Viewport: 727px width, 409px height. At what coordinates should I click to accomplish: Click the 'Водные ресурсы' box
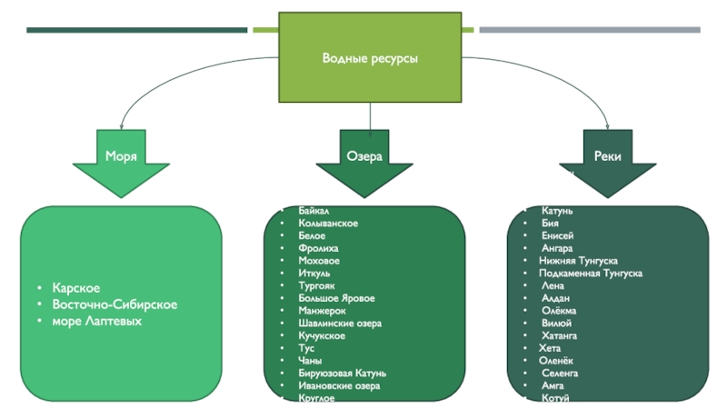[370, 58]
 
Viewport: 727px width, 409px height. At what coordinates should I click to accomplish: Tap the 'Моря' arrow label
[121, 156]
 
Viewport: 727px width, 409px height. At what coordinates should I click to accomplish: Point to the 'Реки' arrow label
[608, 156]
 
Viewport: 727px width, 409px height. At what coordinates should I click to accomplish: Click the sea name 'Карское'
[76, 288]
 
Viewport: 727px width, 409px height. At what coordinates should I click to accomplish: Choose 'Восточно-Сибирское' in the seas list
[114, 304]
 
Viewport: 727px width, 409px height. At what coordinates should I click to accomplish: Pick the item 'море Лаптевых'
[96, 321]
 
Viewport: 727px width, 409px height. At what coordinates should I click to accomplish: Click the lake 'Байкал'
[314, 211]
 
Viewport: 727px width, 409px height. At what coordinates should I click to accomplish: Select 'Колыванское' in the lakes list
[327, 224]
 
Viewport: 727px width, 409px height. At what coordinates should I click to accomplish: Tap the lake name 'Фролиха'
[317, 248]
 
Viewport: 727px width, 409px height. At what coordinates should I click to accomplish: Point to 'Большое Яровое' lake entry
[335, 298]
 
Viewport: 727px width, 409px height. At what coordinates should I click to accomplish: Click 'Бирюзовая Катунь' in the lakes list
[342, 373]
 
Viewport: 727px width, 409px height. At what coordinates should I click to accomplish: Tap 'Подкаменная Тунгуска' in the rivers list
[591, 273]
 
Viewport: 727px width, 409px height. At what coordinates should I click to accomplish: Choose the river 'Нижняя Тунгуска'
[581, 260]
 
